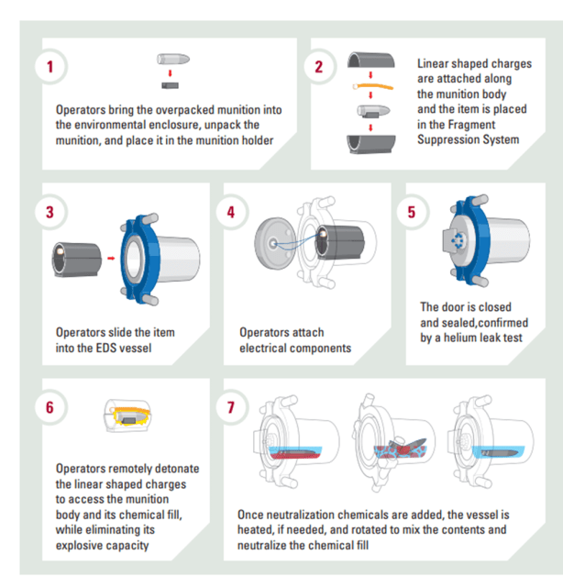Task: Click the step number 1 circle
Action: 50,67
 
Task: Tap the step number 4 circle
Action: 231,212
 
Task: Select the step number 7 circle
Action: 231,407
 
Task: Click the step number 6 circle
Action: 50,407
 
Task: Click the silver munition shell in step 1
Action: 173,59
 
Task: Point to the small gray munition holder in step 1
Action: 170,85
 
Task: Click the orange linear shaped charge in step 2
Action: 373,87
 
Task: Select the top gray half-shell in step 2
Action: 371,61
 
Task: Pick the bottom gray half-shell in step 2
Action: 371,144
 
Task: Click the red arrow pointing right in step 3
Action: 111,259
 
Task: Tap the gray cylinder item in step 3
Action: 76,259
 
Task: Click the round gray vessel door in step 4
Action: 275,242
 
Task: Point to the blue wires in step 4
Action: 296,242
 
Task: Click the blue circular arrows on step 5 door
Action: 458,240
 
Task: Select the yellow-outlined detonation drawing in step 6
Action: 127,416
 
